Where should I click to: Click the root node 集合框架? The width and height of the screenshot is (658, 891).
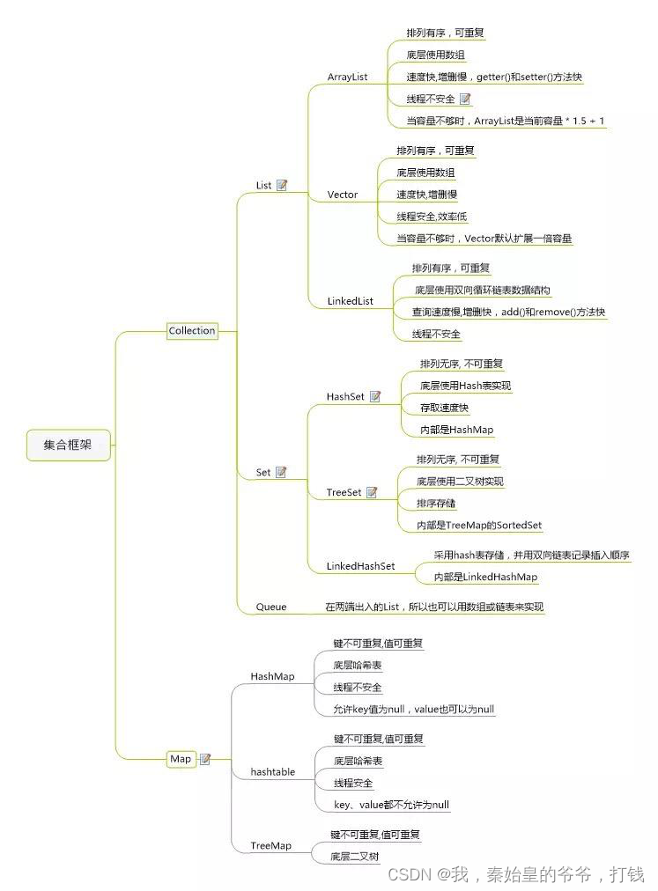click(x=67, y=445)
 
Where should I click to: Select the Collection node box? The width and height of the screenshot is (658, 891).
click(x=192, y=331)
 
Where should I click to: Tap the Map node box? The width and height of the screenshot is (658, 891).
click(x=181, y=759)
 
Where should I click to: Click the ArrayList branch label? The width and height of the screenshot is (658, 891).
click(x=347, y=77)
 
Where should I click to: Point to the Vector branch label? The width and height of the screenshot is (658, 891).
click(x=343, y=195)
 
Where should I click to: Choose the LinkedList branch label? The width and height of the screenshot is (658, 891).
click(x=351, y=301)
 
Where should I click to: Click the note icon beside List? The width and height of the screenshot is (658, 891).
click(x=282, y=185)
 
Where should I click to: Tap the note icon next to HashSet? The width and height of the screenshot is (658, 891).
click(x=375, y=397)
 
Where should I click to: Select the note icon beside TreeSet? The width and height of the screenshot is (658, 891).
click(x=372, y=493)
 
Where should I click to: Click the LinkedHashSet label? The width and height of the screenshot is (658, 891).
click(x=360, y=566)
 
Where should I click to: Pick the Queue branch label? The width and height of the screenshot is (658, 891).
click(x=271, y=607)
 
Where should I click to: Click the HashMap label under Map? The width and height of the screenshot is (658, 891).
click(x=272, y=676)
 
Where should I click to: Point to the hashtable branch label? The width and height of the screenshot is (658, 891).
click(x=273, y=772)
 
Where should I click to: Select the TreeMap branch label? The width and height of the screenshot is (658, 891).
click(x=270, y=845)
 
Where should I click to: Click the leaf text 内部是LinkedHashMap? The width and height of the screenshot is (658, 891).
click(x=485, y=578)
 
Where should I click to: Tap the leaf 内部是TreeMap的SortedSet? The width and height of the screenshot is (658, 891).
click(x=479, y=526)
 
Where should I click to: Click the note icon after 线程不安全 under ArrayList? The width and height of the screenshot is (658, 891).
click(x=465, y=99)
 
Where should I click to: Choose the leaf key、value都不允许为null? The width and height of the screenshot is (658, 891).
click(x=391, y=805)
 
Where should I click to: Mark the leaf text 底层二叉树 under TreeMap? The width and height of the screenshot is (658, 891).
click(x=355, y=856)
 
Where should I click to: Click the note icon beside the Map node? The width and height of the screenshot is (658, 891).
click(x=205, y=759)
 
